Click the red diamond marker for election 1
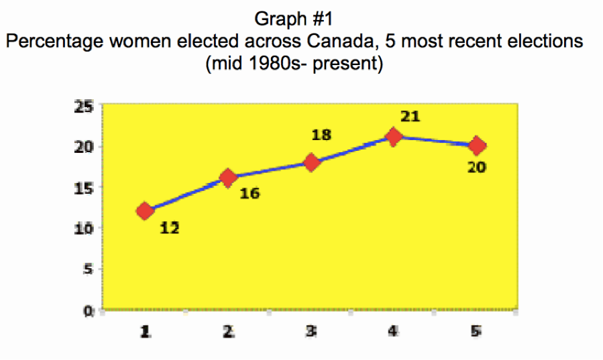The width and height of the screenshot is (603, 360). tap(145, 211)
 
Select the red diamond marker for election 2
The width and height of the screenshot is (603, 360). tap(228, 178)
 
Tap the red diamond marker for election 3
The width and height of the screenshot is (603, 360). tap(311, 162)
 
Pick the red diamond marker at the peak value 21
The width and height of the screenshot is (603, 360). tap(394, 137)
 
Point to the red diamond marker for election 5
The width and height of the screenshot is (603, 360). tap(477, 145)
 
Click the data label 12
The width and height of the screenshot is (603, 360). tap(170, 228)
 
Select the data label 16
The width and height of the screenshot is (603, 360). tap(249, 194)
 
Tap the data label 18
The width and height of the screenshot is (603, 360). tap(322, 135)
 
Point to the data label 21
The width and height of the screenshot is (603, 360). tap(410, 117)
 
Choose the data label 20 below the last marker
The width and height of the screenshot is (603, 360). tap(476, 167)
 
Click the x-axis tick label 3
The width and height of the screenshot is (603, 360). tap(311, 331)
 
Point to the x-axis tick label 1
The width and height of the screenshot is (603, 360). tap(145, 331)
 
